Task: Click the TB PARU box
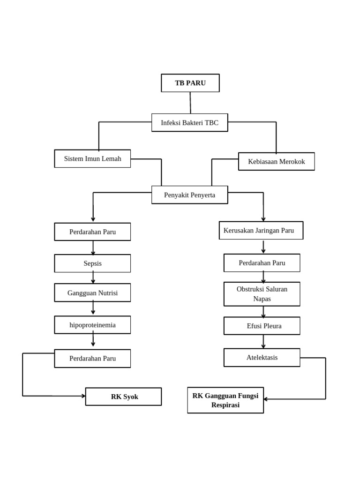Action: pyautogui.click(x=190, y=83)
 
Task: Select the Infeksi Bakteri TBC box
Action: pyautogui.click(x=189, y=122)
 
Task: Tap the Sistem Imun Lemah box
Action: pyautogui.click(x=92, y=158)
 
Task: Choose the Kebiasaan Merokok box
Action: pyautogui.click(x=276, y=161)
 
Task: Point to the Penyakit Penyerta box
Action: pyautogui.click(x=189, y=195)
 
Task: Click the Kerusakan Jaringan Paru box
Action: pyautogui.click(x=261, y=230)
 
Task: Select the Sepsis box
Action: pyautogui.click(x=92, y=263)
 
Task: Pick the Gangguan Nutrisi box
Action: pyautogui.click(x=92, y=292)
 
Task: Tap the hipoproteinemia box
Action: pyautogui.click(x=92, y=324)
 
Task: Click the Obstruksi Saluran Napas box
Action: pyautogui.click(x=262, y=294)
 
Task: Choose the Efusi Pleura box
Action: pyautogui.click(x=262, y=326)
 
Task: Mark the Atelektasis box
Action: pyautogui.click(x=262, y=357)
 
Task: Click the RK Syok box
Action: pyautogui.click(x=123, y=397)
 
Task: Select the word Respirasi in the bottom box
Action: pyautogui.click(x=225, y=405)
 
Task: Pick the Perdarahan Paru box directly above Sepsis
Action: pyautogui.click(x=92, y=232)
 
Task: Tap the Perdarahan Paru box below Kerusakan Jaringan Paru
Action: pyautogui.click(x=262, y=262)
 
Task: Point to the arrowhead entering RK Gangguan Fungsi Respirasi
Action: pyautogui.click(x=266, y=399)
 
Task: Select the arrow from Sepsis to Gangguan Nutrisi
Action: pyautogui.click(x=93, y=278)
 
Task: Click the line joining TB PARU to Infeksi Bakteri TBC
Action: pyautogui.click(x=190, y=103)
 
